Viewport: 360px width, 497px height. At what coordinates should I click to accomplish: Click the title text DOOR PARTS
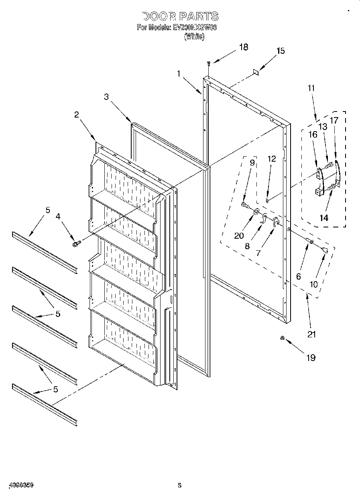coord(180,16)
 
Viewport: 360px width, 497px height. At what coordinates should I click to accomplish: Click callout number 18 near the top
coord(243,47)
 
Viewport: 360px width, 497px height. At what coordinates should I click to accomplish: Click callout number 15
coord(281,51)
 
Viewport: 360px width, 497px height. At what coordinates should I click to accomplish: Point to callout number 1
coord(178,73)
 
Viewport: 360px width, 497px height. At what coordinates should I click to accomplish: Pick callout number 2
coord(76,114)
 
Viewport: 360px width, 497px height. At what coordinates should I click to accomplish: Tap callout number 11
coord(311,88)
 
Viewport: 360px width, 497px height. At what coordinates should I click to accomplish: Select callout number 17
coord(334,120)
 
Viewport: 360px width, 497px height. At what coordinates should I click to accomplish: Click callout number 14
coord(323,218)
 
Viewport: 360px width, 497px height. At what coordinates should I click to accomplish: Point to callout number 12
coord(272,159)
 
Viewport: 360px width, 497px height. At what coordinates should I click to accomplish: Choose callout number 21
coord(311,334)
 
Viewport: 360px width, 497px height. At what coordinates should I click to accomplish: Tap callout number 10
coord(313,284)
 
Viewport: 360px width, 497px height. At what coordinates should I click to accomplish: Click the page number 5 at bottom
coord(180,485)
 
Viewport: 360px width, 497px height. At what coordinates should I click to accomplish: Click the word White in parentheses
coord(194,37)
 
